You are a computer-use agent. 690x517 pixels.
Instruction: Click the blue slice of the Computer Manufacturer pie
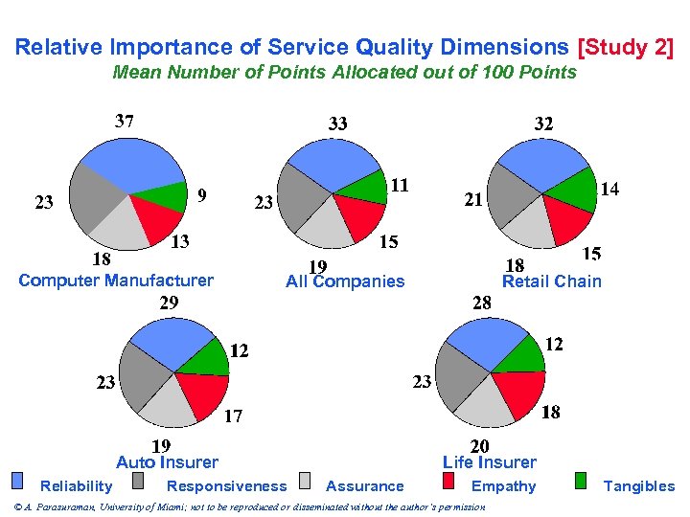click(x=125, y=168)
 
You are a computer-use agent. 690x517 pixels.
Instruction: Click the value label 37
click(x=125, y=122)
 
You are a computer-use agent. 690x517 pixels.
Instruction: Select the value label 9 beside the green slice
click(x=201, y=194)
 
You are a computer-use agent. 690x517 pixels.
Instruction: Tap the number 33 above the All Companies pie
click(x=337, y=124)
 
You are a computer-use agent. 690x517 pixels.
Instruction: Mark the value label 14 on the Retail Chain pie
click(x=609, y=190)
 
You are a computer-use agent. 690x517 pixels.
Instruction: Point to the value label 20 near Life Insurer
click(x=479, y=446)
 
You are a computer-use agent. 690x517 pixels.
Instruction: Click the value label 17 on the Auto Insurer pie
click(x=233, y=416)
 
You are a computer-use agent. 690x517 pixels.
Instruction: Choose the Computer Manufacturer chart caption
click(x=116, y=281)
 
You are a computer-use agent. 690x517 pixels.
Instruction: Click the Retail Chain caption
click(x=552, y=281)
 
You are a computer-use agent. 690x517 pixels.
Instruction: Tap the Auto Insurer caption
click(x=167, y=462)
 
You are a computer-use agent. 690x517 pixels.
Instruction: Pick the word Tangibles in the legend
click(x=638, y=486)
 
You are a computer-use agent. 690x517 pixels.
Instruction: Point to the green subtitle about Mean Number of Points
click(x=344, y=73)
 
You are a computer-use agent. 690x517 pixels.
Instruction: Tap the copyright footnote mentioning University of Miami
click(x=249, y=506)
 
